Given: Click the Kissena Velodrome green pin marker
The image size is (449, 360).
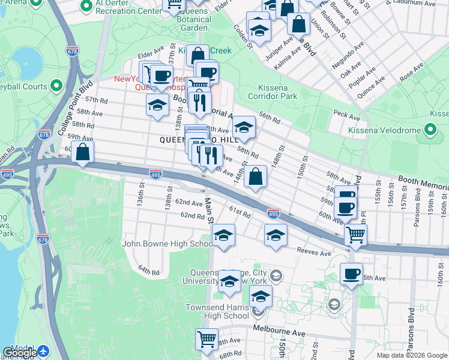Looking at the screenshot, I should pyautogui.click(x=430, y=129).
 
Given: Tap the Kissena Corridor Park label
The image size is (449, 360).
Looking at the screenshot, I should pyautogui.click(x=277, y=92).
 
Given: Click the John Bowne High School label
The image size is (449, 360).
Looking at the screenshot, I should pyautogui.click(x=167, y=244).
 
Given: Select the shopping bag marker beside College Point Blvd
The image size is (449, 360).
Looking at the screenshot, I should pyautogui.click(x=83, y=153).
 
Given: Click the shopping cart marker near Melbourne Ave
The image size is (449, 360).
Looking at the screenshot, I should pyautogui.click(x=207, y=340).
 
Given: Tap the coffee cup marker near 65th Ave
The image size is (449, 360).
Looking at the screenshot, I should pyautogui.click(x=351, y=274).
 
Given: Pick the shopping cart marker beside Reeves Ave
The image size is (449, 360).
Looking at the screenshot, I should pyautogui.click(x=356, y=235).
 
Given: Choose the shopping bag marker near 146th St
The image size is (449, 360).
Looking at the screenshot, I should pyautogui.click(x=256, y=177).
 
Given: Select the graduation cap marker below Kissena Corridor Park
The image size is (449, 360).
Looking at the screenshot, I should pyautogui.click(x=244, y=128).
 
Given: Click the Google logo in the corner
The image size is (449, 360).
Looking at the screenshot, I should pyautogui.click(x=20, y=353).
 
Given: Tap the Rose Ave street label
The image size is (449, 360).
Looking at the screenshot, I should pyautogui.click(x=412, y=72).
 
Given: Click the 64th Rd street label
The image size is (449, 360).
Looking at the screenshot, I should pyautogui.click(x=148, y=272).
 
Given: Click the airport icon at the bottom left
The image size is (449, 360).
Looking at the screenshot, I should pyautogui.click(x=43, y=350).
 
